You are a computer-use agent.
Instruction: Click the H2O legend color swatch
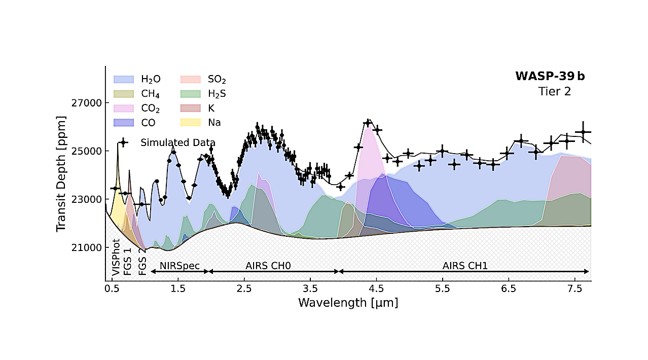(124, 80)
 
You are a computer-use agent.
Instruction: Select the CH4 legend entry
(124, 94)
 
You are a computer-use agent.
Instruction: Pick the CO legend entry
(124, 123)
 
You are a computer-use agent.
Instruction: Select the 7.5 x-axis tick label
(574, 289)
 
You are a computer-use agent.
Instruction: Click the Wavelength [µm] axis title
(348, 303)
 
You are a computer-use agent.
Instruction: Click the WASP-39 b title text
(550, 77)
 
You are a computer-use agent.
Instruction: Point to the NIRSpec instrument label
(179, 265)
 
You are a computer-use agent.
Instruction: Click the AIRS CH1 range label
(465, 265)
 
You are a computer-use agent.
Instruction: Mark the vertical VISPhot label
(116, 257)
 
